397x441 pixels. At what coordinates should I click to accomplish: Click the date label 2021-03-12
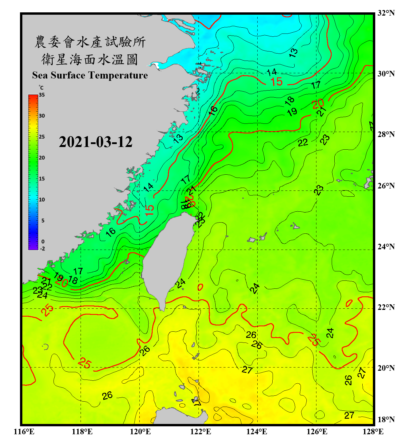click(x=96, y=142)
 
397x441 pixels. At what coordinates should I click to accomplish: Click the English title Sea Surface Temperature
click(x=90, y=75)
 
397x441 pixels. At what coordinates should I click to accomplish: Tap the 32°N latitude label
click(x=386, y=13)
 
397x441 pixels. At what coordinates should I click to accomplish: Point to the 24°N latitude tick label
click(x=386, y=247)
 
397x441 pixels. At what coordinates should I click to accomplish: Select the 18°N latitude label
click(x=386, y=420)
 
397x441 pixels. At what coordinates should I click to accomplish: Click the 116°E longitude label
click(x=24, y=432)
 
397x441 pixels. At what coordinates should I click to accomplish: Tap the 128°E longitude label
click(x=373, y=432)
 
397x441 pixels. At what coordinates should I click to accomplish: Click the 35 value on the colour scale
click(x=42, y=95)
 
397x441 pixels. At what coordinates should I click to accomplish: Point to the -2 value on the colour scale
click(x=42, y=249)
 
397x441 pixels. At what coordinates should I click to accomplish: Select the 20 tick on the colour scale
click(x=42, y=158)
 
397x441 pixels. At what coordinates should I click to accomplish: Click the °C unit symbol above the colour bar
click(x=41, y=88)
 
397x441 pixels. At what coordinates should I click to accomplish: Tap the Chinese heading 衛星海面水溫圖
click(x=90, y=59)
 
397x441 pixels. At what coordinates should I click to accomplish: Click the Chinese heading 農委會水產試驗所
click(x=90, y=42)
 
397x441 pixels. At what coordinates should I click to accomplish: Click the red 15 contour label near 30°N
click(x=276, y=82)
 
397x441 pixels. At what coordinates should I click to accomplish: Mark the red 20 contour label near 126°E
click(x=318, y=104)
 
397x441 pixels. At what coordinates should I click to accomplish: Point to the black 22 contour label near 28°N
click(x=303, y=143)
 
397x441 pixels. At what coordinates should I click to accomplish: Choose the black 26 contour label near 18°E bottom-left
click(x=107, y=395)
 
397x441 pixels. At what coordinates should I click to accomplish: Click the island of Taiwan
click(x=168, y=259)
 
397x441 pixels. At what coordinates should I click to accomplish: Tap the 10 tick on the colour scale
click(x=42, y=200)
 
